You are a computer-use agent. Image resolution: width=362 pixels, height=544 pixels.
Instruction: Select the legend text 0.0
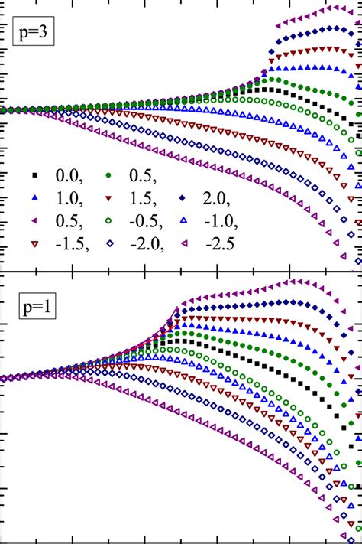tap(71, 174)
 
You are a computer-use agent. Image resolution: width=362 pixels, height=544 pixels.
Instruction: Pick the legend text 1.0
tap(71, 198)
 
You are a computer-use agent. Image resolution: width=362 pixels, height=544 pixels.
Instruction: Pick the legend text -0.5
tap(148, 222)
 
